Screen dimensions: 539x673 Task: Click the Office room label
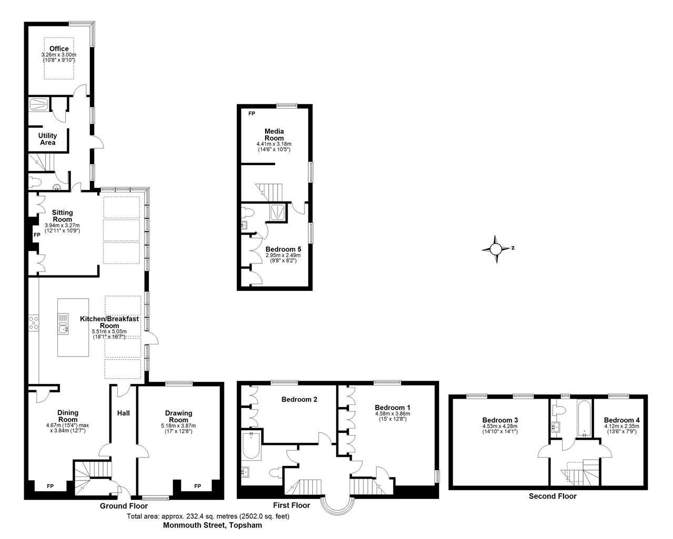tap(59, 49)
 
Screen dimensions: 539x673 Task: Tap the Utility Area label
tap(48, 139)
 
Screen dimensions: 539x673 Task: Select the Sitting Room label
tap(62, 216)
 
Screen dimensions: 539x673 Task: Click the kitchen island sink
tap(64, 330)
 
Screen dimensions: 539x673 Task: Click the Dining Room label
tap(68, 416)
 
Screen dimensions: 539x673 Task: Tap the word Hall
tap(123, 413)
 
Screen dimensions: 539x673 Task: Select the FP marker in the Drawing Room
tap(197, 486)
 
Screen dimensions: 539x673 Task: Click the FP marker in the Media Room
tap(252, 114)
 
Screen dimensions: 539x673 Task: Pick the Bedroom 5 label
tap(283, 249)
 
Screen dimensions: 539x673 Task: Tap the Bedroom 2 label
tap(299, 400)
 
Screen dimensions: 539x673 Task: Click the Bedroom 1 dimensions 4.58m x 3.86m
tap(392, 414)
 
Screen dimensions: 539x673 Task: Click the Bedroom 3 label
tap(500, 420)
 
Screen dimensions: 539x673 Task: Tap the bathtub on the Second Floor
tap(584, 420)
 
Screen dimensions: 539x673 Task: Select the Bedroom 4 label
tap(621, 420)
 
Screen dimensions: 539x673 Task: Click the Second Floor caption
tap(552, 496)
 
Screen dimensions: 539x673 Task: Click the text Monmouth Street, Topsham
tap(212, 525)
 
